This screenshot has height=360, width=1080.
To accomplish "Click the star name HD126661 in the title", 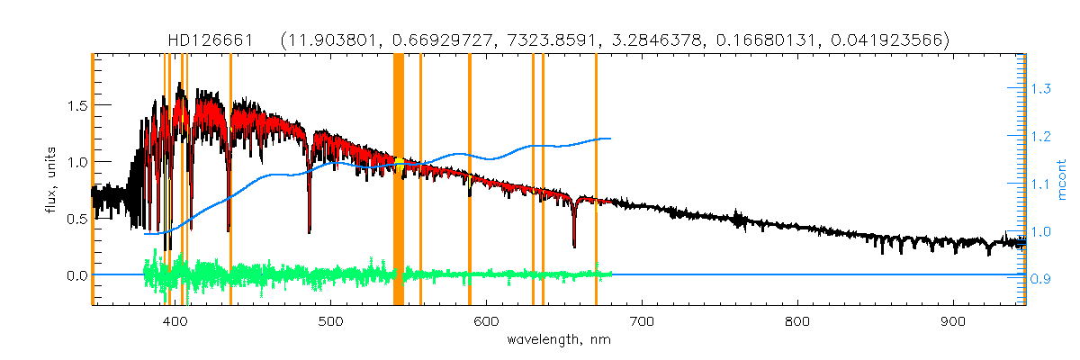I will point(209,40).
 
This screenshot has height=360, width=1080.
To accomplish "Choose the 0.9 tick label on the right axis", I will point(1042,280).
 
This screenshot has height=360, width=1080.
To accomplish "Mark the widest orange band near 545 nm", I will point(399,180).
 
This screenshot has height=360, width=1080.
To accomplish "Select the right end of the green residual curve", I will point(611,274).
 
